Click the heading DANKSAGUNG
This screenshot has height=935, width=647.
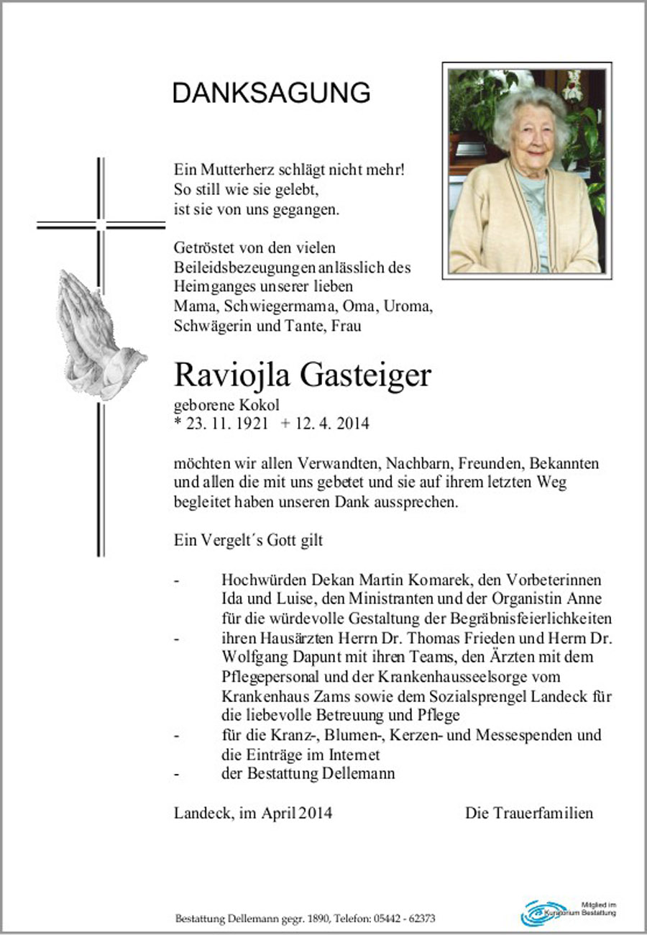point(271,93)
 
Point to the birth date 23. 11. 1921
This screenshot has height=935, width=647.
point(226,424)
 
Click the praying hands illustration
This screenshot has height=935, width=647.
point(97,334)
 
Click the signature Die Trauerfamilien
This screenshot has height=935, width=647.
point(528,813)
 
